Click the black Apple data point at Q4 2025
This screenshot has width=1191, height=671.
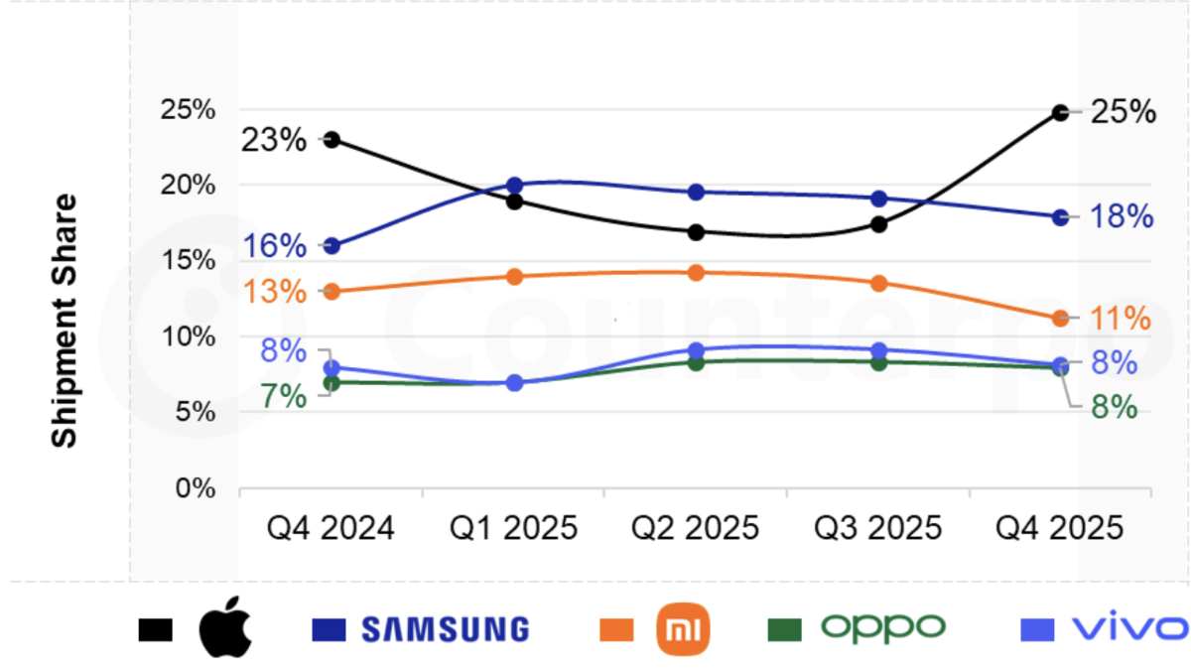point(1060,113)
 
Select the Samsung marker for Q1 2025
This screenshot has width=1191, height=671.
point(514,186)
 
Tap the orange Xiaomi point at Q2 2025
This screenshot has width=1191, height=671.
point(696,273)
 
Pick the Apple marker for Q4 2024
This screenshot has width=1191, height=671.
point(332,140)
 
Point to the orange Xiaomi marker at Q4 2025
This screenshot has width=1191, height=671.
point(1060,319)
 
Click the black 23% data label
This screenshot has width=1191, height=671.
point(274,140)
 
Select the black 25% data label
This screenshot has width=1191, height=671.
point(1124,112)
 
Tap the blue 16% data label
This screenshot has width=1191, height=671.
point(274,245)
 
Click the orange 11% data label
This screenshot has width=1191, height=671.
point(1121,319)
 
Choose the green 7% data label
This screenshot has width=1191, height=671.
point(284,396)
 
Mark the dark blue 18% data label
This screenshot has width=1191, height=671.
point(1122,216)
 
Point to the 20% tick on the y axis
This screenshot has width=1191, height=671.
point(188,186)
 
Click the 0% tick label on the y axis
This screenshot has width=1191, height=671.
point(195,488)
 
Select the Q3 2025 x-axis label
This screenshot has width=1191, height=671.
point(877,527)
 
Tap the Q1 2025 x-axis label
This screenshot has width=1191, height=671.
point(514,527)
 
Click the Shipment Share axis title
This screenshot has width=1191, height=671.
point(65,320)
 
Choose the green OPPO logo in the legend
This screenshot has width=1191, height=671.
point(882,627)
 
